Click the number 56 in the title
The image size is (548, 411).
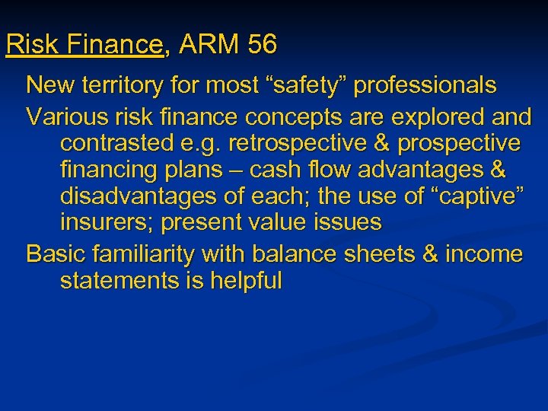pos(262,45)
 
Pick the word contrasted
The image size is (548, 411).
pos(119,142)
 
